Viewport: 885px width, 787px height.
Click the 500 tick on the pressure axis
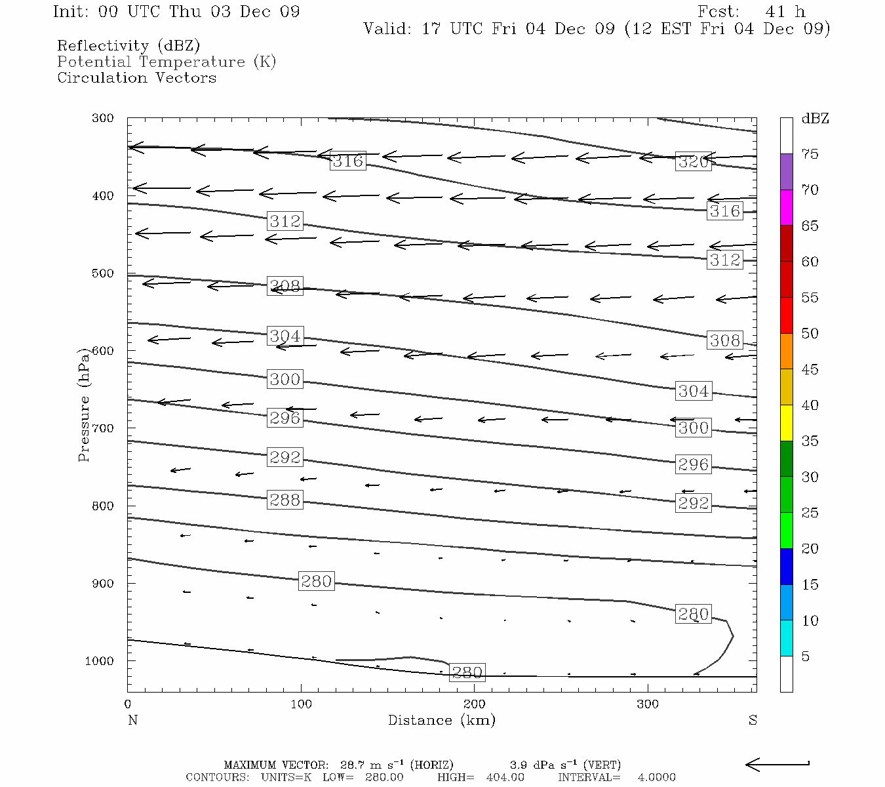[x=103, y=273]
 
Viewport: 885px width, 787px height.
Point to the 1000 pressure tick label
[x=100, y=661]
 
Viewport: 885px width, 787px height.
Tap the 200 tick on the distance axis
[x=475, y=704]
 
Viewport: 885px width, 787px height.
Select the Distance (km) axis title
[x=441, y=720]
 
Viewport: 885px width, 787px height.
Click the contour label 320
[x=693, y=161]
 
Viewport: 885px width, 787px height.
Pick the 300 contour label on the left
[x=285, y=379]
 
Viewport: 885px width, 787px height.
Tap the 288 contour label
[x=285, y=500]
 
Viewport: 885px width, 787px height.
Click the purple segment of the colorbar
[x=786, y=172]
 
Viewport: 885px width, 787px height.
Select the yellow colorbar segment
[x=786, y=423]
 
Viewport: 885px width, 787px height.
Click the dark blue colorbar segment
[x=786, y=567]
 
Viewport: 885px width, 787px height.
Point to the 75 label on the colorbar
[x=810, y=154]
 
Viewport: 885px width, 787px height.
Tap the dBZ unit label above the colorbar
[x=815, y=119]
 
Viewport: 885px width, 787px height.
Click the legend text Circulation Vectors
[x=136, y=78]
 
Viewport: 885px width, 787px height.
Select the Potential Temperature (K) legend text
[x=167, y=62]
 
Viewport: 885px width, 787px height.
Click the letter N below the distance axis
[x=132, y=720]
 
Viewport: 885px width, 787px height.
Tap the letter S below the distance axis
[x=753, y=720]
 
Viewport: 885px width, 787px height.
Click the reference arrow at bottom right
[x=777, y=764]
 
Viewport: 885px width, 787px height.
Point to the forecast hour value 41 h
[x=785, y=12]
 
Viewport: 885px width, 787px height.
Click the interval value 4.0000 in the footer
[x=656, y=777]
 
